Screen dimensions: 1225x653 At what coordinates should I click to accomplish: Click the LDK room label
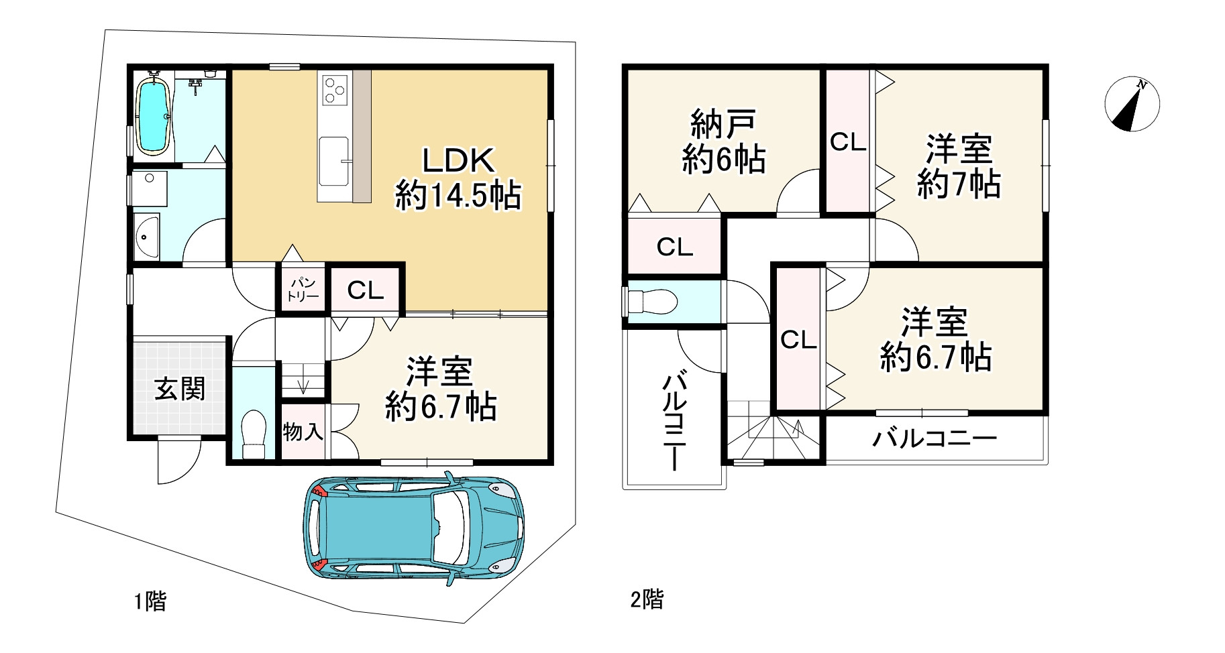click(458, 178)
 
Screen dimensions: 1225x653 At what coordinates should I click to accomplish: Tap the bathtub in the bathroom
click(154, 115)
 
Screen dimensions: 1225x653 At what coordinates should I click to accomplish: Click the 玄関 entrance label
click(180, 388)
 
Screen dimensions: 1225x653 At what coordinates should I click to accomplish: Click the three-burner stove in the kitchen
click(335, 91)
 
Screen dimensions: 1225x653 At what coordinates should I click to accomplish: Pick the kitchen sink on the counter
click(334, 161)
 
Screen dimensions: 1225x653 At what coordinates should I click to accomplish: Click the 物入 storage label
click(303, 432)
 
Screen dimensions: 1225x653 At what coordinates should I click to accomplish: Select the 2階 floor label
click(647, 599)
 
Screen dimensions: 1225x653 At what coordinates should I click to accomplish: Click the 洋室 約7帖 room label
click(959, 166)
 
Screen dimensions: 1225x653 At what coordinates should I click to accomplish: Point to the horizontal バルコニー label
click(935, 439)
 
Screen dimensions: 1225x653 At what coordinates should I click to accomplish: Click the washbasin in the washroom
click(146, 237)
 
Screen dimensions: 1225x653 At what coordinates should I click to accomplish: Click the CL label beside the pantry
click(366, 290)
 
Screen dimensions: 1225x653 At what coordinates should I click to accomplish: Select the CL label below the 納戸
click(675, 247)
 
